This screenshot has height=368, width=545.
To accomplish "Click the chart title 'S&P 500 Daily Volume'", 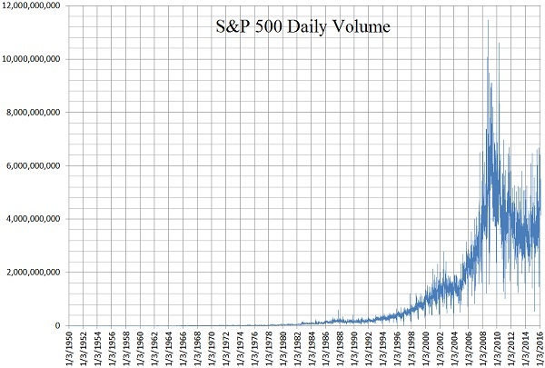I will [296, 28].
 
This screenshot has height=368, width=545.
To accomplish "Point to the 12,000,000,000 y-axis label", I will [33, 6].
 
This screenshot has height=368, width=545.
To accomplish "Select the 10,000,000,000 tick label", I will [33, 59].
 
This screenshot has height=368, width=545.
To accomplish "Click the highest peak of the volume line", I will [488, 21].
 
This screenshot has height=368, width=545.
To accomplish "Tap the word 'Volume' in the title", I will [359, 28].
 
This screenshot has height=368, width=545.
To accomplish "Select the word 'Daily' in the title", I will [303, 28].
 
